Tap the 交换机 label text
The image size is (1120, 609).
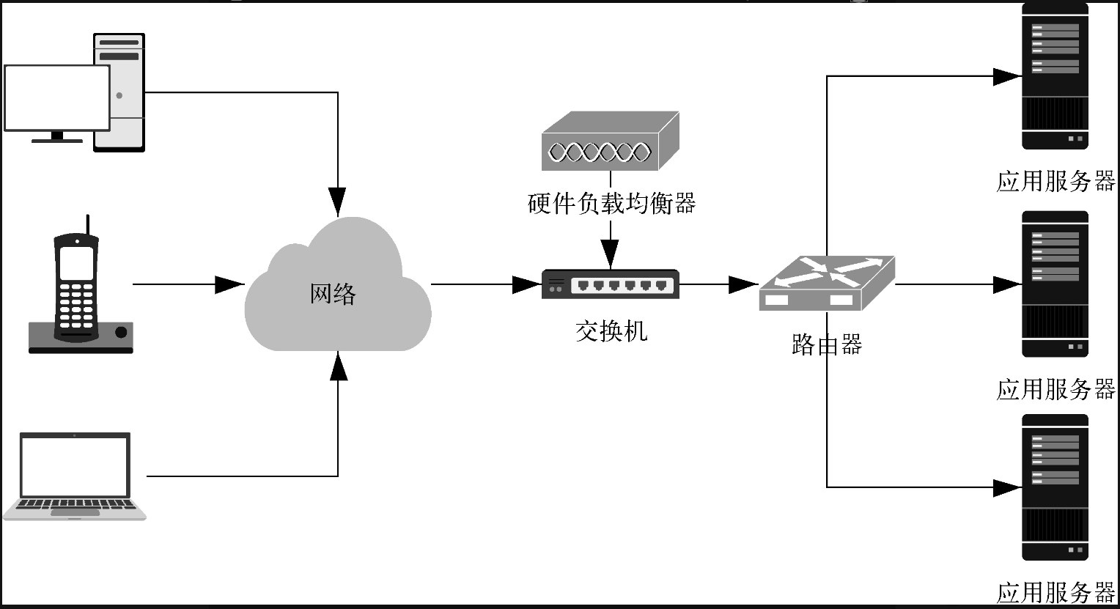pyautogui.click(x=611, y=331)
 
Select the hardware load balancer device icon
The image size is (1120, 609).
pyautogui.click(x=610, y=141)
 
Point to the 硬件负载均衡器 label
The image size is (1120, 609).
pyautogui.click(x=611, y=203)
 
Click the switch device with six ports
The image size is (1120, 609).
pyautogui.click(x=611, y=284)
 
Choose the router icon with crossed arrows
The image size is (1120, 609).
pyautogui.click(x=826, y=282)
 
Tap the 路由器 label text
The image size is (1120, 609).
pyautogui.click(x=827, y=344)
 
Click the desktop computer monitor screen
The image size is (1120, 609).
pyautogui.click(x=56, y=97)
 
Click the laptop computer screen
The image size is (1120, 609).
pyautogui.click(x=75, y=465)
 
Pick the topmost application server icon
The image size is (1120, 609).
pyautogui.click(x=1055, y=77)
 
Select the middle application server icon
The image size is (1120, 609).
pyautogui.click(x=1055, y=284)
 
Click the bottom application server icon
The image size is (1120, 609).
pyautogui.click(x=1055, y=487)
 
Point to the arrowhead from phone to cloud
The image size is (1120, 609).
pyautogui.click(x=229, y=284)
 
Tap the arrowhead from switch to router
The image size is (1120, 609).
pyautogui.click(x=743, y=284)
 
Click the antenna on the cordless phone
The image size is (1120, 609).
pyautogui.click(x=88, y=225)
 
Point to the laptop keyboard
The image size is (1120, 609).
pyautogui.click(x=75, y=505)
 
